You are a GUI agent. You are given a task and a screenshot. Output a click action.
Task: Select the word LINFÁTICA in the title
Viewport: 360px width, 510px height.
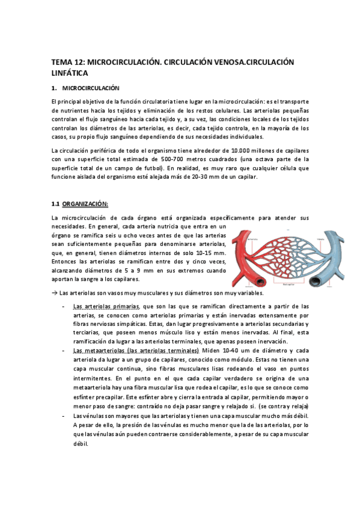(x=70, y=73)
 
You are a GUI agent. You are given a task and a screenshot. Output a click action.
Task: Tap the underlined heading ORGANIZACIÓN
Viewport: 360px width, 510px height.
(x=85, y=203)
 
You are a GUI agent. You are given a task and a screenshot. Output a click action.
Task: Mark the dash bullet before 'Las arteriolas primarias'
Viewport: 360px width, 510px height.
(x=63, y=306)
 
